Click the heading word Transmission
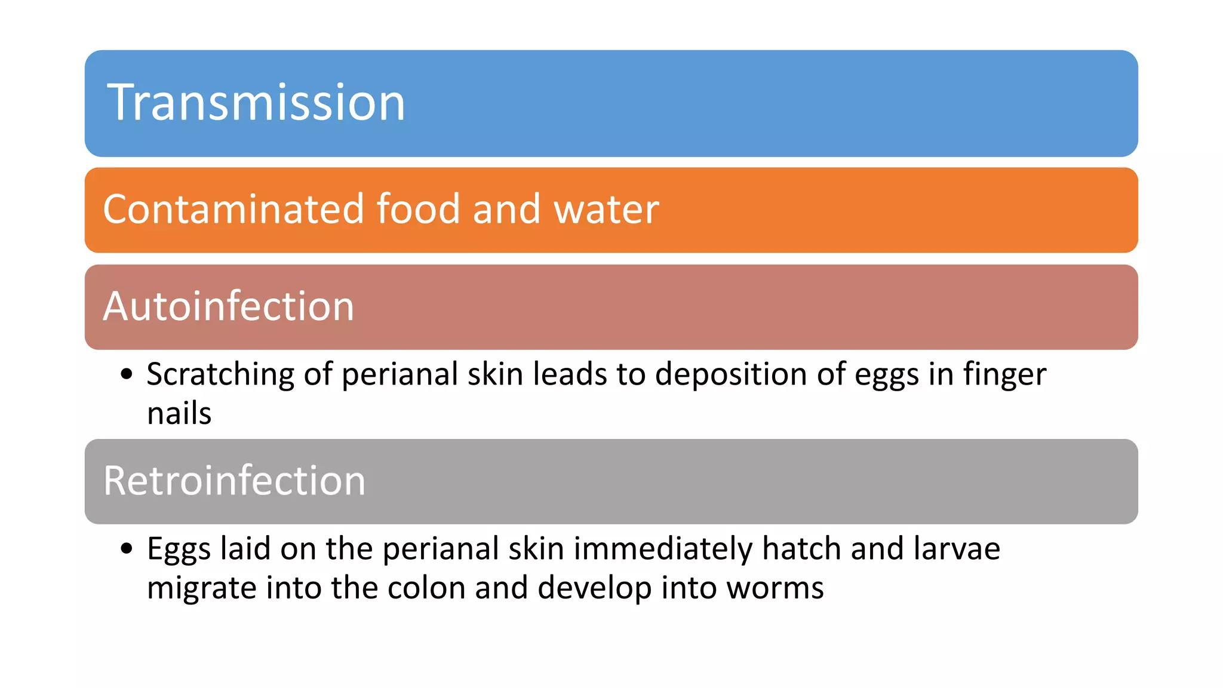coord(256,103)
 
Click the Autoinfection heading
coord(229,306)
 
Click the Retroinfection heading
coord(234,481)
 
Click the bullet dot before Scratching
coord(126,374)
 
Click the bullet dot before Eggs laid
coord(126,548)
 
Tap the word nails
coord(179,413)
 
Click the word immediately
coord(663,549)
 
